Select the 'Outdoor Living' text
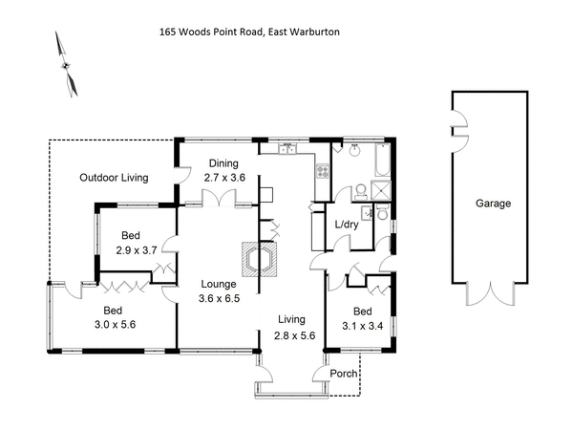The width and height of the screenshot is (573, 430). point(114,178)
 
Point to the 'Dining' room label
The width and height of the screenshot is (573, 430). point(223,163)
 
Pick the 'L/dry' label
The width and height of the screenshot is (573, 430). point(347,226)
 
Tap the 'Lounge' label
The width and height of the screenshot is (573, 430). point(218,284)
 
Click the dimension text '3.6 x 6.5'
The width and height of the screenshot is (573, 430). point(219,297)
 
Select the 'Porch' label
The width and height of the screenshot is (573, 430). point(343,374)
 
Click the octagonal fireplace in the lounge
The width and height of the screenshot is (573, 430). point(260,259)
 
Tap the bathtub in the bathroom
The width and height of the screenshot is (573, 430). point(380,163)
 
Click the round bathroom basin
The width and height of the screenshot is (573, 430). point(354,150)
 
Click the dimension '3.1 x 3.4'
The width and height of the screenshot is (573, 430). point(362,326)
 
